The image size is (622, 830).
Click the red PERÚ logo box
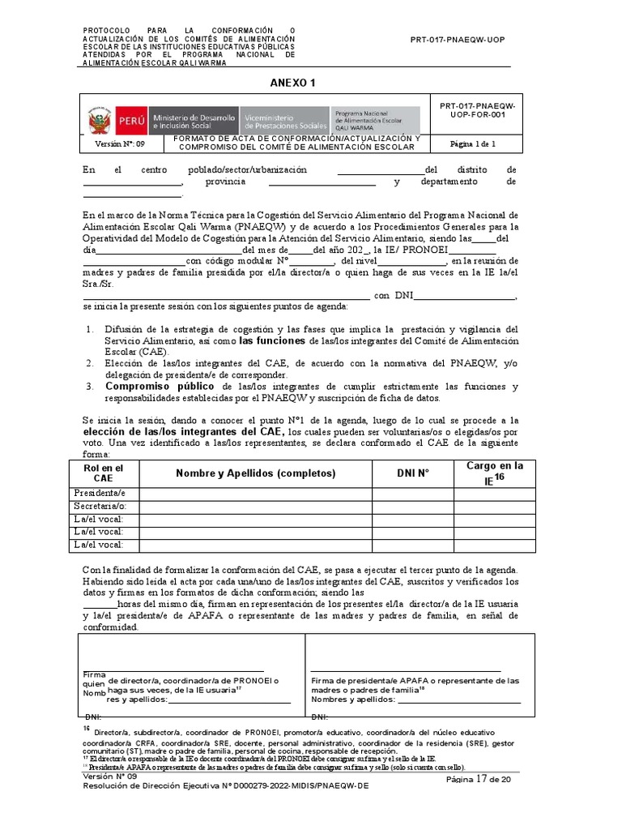[130, 121]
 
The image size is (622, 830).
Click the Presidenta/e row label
[100, 494]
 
